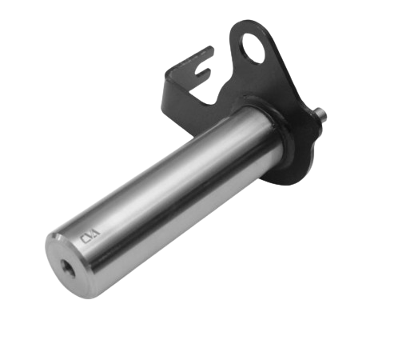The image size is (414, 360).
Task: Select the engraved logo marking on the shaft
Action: point(90,235)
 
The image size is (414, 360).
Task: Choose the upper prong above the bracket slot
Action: point(205,54)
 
